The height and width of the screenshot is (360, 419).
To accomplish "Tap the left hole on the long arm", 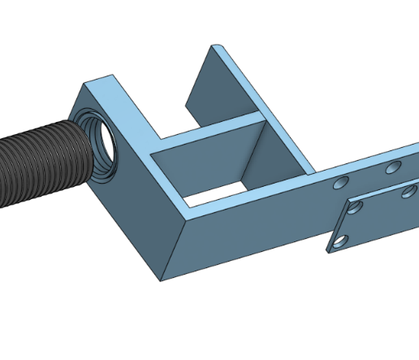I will pyautogui.click(x=342, y=181).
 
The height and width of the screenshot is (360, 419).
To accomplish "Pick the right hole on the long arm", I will pyautogui.click(x=394, y=167).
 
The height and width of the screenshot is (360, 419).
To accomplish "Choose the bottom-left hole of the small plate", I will pyautogui.click(x=339, y=241).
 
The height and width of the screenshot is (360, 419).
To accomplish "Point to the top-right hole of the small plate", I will pyautogui.click(x=409, y=193).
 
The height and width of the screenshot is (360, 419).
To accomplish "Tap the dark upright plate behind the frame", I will pyautogui.click(x=203, y=89).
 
